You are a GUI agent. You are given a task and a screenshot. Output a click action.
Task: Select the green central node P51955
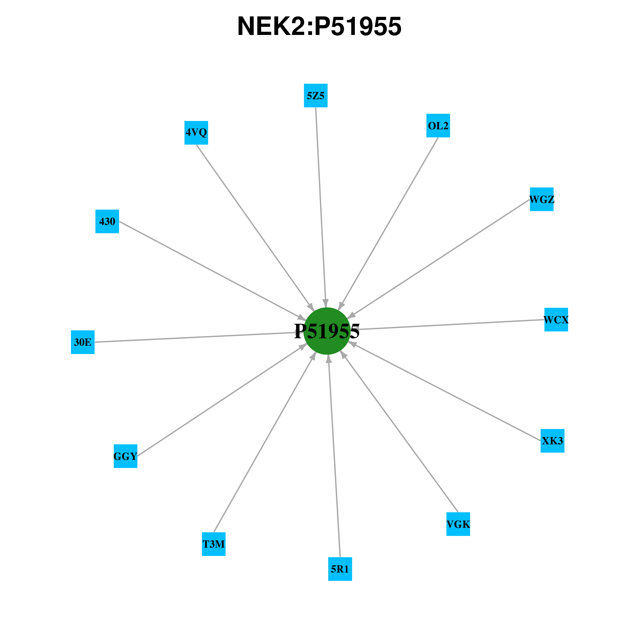[x=327, y=331]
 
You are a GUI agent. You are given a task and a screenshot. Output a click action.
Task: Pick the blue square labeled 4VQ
[x=196, y=133]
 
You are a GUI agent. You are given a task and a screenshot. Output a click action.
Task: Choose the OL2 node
[x=438, y=125]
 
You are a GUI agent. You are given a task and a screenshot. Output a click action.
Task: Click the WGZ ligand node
[x=542, y=199]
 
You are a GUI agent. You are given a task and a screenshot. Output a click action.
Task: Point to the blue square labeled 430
[x=107, y=221]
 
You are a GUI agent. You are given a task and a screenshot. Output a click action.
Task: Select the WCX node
[x=556, y=319]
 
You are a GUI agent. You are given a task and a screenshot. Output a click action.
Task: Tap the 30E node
[x=83, y=342]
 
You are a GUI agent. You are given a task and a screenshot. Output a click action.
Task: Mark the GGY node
[x=125, y=456]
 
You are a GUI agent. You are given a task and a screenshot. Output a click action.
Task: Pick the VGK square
[x=458, y=524]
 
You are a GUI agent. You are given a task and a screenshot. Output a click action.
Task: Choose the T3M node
[x=214, y=544]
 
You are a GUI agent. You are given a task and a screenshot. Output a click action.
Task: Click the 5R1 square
[x=340, y=569]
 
